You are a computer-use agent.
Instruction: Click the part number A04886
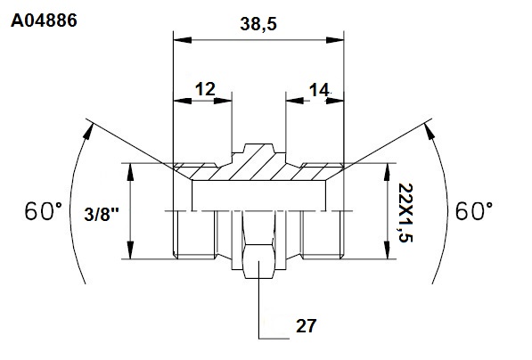[44, 20]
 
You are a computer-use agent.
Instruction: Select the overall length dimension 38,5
[258, 24]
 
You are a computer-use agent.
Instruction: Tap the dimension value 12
[205, 89]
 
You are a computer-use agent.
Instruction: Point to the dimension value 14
[319, 90]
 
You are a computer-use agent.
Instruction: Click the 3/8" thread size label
[102, 215]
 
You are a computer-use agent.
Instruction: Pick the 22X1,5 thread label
[405, 213]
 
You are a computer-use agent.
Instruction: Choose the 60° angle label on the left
[44, 211]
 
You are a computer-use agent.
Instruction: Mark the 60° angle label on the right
[474, 211]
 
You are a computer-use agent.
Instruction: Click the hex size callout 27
[307, 326]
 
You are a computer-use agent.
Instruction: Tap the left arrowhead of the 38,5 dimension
[183, 40]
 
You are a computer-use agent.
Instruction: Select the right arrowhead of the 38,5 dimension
[335, 40]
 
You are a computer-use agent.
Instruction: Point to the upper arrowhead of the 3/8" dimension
[130, 172]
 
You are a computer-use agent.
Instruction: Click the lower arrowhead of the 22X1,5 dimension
[387, 250]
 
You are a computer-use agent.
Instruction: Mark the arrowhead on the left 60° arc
[87, 131]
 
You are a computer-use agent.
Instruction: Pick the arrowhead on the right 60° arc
[430, 131]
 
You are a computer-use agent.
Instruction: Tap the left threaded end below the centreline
[194, 234]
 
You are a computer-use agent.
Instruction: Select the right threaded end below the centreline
[323, 234]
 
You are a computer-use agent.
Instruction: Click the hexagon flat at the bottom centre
[258, 261]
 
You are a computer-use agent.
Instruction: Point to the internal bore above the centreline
[259, 195]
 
